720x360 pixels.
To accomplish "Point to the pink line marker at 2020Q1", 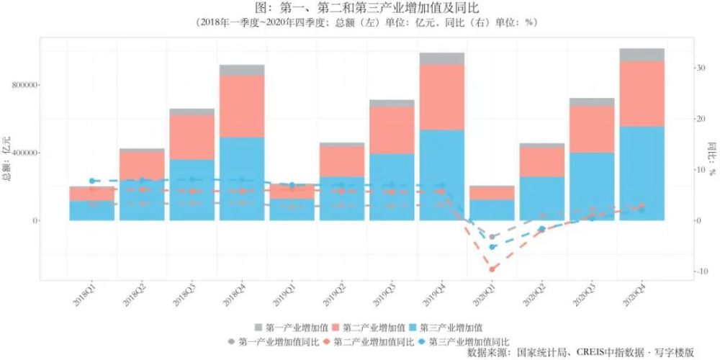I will (x=492, y=269).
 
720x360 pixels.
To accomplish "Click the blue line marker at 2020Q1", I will (x=492, y=247).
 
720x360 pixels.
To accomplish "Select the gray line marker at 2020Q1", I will (x=492, y=237).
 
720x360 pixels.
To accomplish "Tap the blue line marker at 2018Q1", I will (x=92, y=181).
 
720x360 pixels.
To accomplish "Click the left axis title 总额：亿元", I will (x=8, y=154).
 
